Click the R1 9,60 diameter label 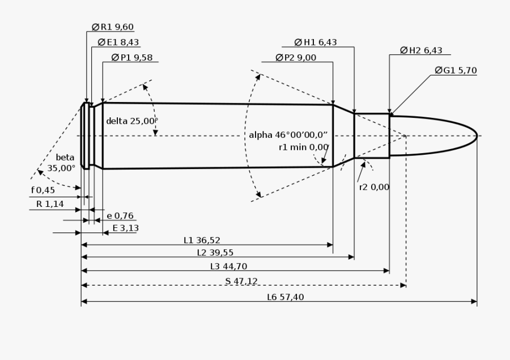click(113, 27)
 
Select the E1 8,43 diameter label click(118, 43)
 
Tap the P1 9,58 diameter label click(132, 58)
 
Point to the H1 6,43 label click(316, 43)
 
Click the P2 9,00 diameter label click(296, 58)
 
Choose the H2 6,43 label click(421, 50)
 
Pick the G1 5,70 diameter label click(456, 70)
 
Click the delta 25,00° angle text click(132, 121)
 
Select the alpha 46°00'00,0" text click(288, 135)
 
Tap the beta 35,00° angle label click(61, 163)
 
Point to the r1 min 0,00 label click(304, 147)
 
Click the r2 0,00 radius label click(374, 187)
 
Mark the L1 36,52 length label click(202, 240)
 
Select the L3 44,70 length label click(229, 266)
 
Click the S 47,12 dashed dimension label click(241, 281)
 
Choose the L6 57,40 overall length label click(286, 297)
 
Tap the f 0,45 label click(43, 190)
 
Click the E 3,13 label click(126, 228)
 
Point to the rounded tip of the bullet click(477, 136)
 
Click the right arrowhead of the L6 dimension click(474, 302)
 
